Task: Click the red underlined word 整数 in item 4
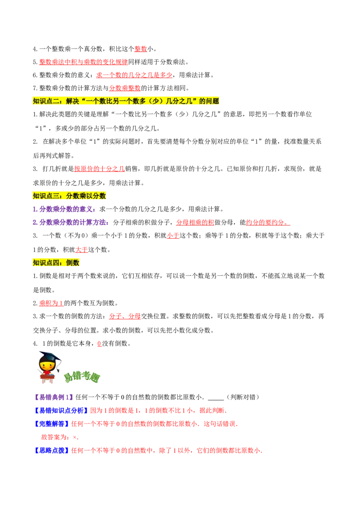[x=141, y=49]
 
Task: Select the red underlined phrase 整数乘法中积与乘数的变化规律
[x=84, y=62]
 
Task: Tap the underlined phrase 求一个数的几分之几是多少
[x=134, y=75]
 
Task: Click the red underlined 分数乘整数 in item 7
[x=125, y=88]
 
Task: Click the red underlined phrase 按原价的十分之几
[x=99, y=169]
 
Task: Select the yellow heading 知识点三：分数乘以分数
[x=69, y=196]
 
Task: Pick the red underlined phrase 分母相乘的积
[x=195, y=223]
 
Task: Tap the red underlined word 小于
[x=173, y=236]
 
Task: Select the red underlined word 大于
[x=81, y=250]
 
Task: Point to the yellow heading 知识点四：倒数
[x=56, y=263]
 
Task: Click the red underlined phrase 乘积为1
[x=51, y=303]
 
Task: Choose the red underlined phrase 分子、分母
[x=125, y=316]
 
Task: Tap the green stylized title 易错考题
[x=81, y=377]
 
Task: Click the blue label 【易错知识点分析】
[x=61, y=411]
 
